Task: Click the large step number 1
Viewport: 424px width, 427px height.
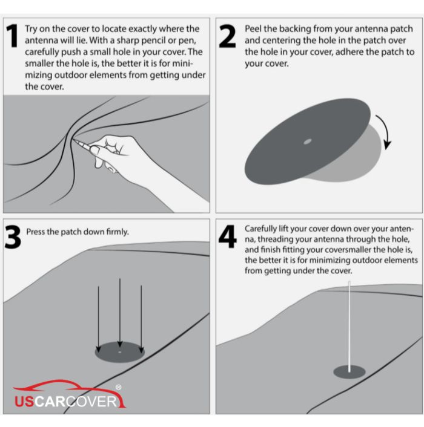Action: (12, 36)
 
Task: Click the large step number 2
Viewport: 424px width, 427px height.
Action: (227, 36)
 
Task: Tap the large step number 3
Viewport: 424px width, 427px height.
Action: (13, 237)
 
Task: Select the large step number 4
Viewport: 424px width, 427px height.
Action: (227, 236)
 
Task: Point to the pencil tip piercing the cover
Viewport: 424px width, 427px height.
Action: (73, 140)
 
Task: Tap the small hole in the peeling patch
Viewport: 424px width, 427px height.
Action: (308, 142)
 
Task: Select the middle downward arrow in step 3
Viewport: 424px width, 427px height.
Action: (120, 313)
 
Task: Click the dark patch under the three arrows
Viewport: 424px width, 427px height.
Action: (120, 353)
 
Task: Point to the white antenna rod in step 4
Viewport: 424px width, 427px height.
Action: (349, 327)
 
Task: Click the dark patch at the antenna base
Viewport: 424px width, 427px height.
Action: (349, 372)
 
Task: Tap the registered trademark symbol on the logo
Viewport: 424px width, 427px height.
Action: (118, 387)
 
